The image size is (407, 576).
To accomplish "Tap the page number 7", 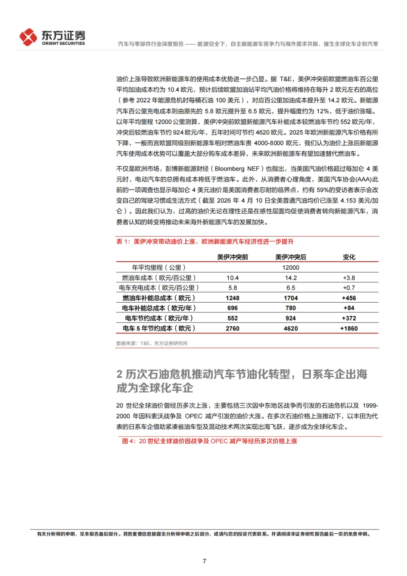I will (204, 561).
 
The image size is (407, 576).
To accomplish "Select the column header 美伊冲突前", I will (233, 257).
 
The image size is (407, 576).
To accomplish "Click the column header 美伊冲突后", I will (291, 257).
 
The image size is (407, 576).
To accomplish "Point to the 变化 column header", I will (349, 257).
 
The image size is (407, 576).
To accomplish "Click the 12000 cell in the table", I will (291, 267).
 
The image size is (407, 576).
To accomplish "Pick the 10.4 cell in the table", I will (233, 278).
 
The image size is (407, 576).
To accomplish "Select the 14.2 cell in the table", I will (291, 278).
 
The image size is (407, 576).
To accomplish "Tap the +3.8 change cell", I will (349, 278).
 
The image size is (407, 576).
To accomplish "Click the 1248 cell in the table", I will (233, 298).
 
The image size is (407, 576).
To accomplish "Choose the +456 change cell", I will (349, 298).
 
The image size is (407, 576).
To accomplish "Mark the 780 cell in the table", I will (291, 308).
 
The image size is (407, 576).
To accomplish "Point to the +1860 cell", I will (349, 329).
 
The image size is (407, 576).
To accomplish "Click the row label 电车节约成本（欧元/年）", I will (159, 318).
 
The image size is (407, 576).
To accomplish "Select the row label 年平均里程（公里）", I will (159, 267).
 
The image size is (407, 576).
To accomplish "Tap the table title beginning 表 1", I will (205, 241).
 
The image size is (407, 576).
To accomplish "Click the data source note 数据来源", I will (152, 343).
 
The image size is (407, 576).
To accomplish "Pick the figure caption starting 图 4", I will (210, 441).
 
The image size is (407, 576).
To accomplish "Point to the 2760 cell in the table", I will (233, 329).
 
